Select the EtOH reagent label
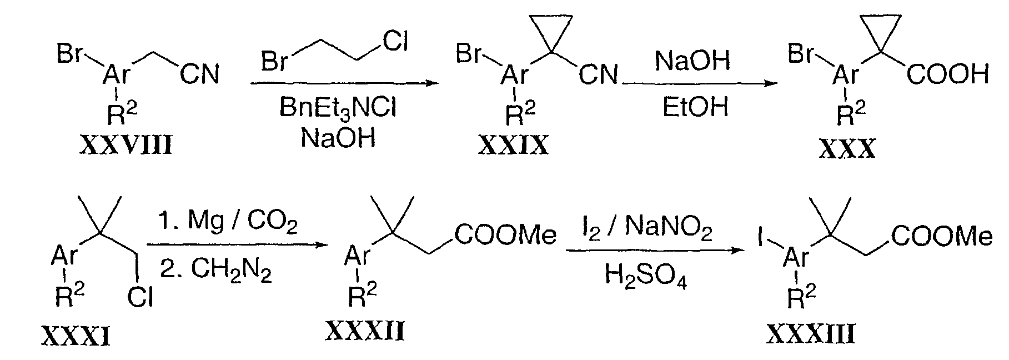tap(695, 107)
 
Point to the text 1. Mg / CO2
tap(229, 224)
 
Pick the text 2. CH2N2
tap(216, 273)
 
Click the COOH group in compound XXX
tap(948, 74)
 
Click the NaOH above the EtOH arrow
tap(692, 61)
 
